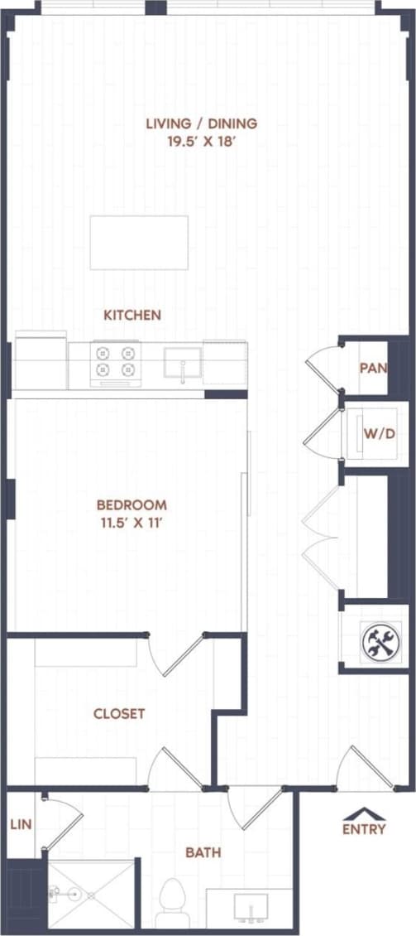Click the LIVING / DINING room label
pyautogui.click(x=202, y=123)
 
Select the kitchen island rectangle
pyautogui.click(x=139, y=242)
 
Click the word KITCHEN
pyautogui.click(x=132, y=315)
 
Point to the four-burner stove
pyautogui.click(x=115, y=363)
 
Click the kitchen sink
pyautogui.click(x=183, y=364)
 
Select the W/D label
pyautogui.click(x=377, y=433)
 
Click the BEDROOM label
pyautogui.click(x=131, y=504)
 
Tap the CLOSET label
pyautogui.click(x=119, y=713)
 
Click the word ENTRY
pyautogui.click(x=364, y=829)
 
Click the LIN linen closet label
pyautogui.click(x=20, y=825)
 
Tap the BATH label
pyautogui.click(x=203, y=852)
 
